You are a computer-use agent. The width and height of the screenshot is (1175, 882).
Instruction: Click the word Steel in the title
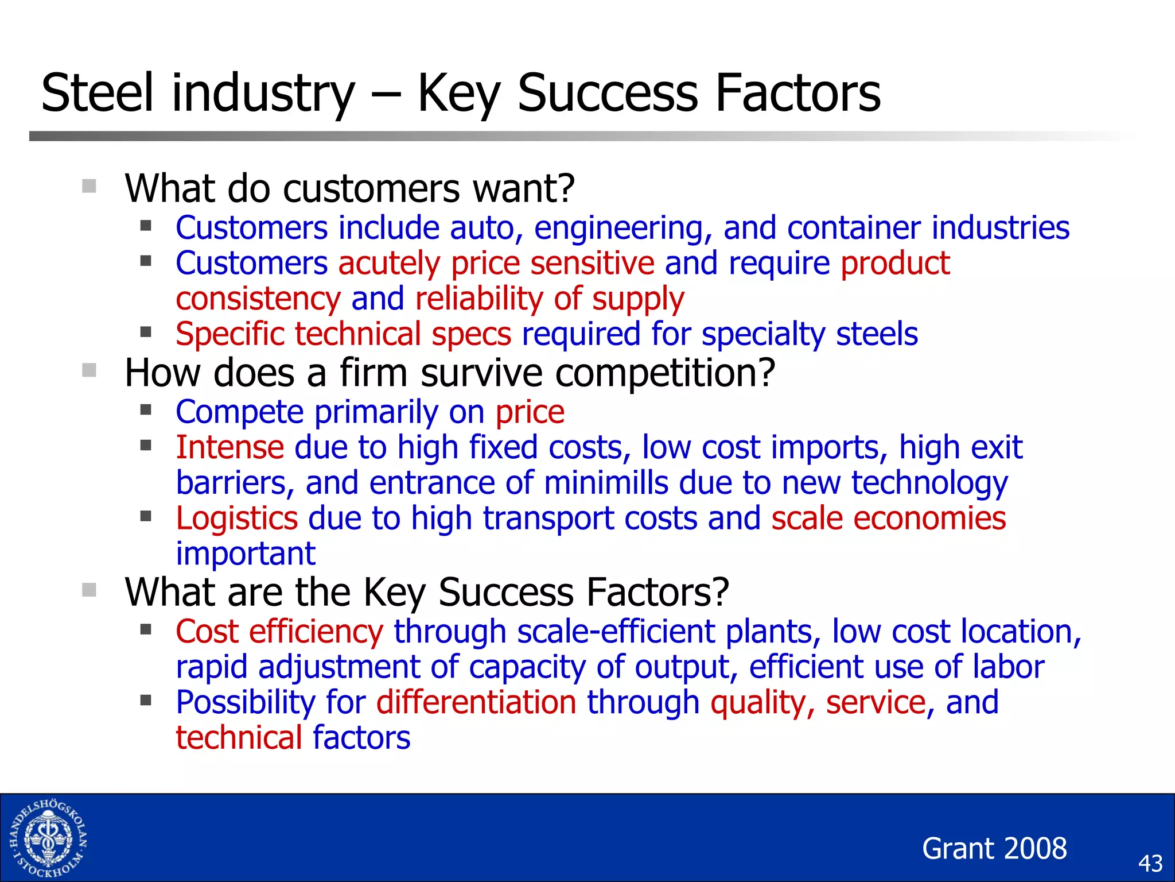coord(98,93)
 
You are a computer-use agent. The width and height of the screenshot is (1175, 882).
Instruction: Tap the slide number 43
coord(1150,864)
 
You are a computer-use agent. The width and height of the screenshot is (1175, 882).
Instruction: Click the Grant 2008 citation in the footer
coord(994,848)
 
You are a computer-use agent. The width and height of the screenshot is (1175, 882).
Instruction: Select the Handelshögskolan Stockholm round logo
coord(48,838)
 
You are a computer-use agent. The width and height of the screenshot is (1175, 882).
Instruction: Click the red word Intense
coord(229,447)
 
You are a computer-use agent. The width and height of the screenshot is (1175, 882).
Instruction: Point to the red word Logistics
coord(236,519)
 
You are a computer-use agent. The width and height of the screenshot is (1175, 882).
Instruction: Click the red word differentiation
coord(476,702)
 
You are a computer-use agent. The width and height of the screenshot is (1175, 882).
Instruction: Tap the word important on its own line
coord(246,554)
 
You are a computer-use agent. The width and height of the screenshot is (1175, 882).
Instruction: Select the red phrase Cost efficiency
coord(279,632)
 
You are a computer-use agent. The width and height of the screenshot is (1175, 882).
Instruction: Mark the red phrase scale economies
coord(888,519)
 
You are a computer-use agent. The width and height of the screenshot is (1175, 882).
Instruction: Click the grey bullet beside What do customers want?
coord(89,186)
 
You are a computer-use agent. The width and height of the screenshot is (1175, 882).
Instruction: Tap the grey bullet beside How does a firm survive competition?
coord(89,370)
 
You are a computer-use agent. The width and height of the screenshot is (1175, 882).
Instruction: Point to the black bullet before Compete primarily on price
coord(146,410)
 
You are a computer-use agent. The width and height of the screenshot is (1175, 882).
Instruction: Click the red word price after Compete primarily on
coord(530,412)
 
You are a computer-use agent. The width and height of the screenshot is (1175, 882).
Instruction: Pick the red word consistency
coord(258,299)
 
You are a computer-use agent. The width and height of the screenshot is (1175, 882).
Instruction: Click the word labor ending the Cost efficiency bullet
coord(1008,667)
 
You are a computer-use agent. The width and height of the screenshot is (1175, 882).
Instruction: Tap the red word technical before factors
coord(239,738)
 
